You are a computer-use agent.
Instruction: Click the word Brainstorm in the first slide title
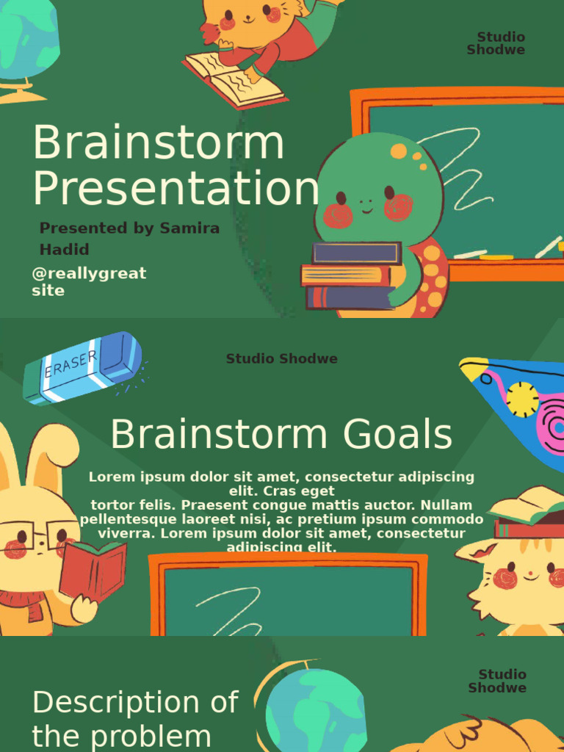pos(158,143)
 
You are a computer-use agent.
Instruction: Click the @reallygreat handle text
pos(89,274)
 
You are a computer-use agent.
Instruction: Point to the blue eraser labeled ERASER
pos(82,367)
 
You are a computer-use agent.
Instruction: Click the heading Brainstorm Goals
pos(281,435)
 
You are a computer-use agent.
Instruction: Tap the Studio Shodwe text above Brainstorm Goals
pos(281,359)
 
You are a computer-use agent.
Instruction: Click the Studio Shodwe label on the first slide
pos(496,43)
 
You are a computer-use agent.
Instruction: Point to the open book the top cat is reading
pos(234,79)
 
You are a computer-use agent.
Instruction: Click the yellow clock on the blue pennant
pos(522,399)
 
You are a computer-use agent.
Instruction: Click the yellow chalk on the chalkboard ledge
pos(496,257)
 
